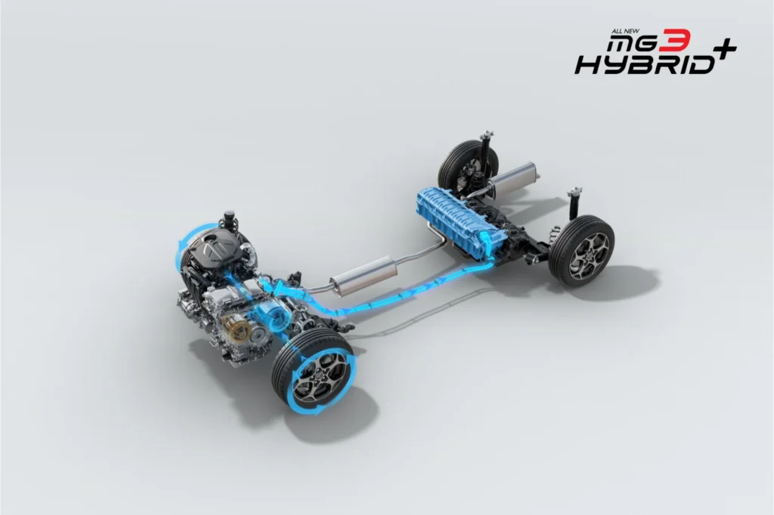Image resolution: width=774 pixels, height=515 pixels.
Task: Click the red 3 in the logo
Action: (x=676, y=41)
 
